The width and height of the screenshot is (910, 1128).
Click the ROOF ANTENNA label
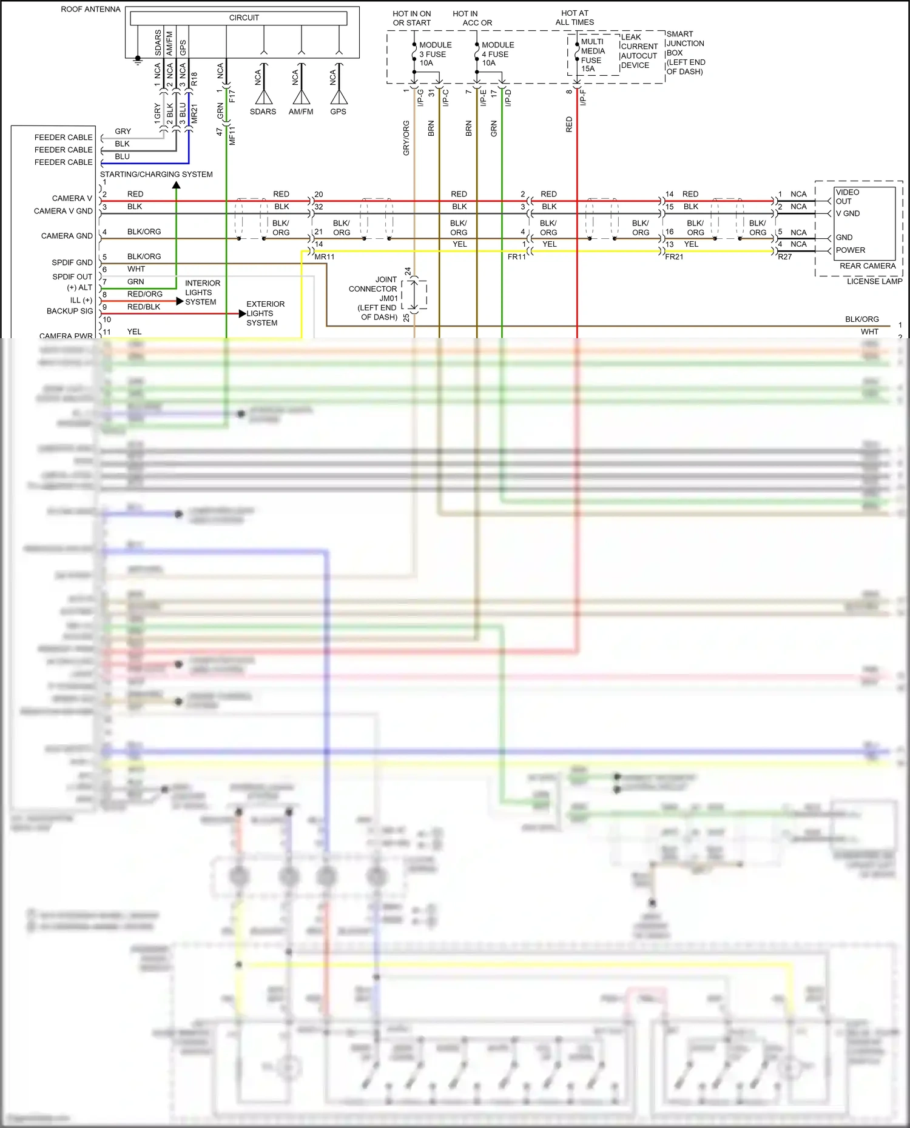(90, 10)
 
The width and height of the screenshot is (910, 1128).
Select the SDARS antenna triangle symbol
(264, 97)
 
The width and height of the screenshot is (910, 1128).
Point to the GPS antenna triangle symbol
(339, 97)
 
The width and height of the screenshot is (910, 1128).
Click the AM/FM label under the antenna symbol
(301, 112)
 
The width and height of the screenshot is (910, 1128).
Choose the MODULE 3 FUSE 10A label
(435, 54)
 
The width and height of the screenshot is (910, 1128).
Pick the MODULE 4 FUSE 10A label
(497, 54)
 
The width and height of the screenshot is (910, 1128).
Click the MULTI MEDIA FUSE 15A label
(592, 55)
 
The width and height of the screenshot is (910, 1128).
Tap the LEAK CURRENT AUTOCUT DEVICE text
(639, 52)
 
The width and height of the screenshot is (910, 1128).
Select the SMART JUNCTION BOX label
(686, 53)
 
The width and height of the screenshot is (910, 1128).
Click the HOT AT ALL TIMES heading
(575, 18)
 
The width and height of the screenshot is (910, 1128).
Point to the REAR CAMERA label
(867, 266)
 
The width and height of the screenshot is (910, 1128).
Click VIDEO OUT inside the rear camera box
(847, 196)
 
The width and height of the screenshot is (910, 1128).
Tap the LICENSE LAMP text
(874, 281)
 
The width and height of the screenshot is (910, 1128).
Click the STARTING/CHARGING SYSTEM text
(157, 175)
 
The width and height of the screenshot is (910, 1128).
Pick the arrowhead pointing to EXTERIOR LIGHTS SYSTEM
(242, 313)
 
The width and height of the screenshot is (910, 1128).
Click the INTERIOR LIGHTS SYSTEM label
(202, 293)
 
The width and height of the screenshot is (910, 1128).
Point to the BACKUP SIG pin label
(70, 311)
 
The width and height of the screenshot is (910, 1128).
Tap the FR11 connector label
(516, 257)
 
